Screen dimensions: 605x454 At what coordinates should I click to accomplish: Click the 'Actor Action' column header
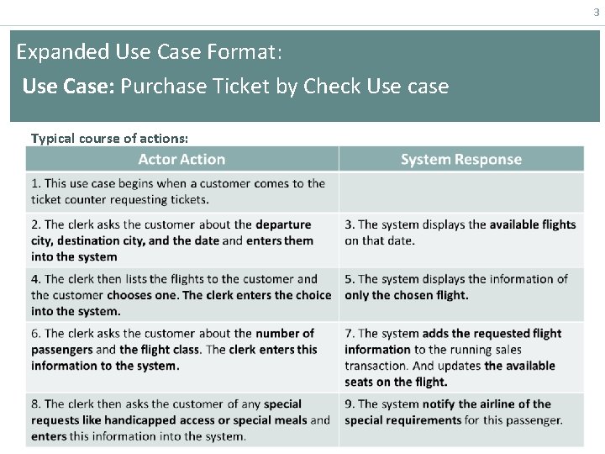181,159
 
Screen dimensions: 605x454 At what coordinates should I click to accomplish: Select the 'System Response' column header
460,159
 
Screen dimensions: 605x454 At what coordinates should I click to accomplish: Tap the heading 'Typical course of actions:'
109,138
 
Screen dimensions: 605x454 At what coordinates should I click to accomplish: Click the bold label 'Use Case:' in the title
68,86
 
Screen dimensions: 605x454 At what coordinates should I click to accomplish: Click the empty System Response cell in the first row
460,192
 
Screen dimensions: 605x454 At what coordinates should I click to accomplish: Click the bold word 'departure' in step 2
283,224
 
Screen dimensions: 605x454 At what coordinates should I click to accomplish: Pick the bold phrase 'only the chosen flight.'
407,295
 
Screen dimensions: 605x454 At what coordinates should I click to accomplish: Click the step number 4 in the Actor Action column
35,279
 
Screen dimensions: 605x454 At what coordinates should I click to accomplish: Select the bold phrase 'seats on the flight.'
396,382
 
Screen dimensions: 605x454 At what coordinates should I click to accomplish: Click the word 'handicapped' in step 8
148,420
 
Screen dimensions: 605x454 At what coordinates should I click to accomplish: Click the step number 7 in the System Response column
349,334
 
